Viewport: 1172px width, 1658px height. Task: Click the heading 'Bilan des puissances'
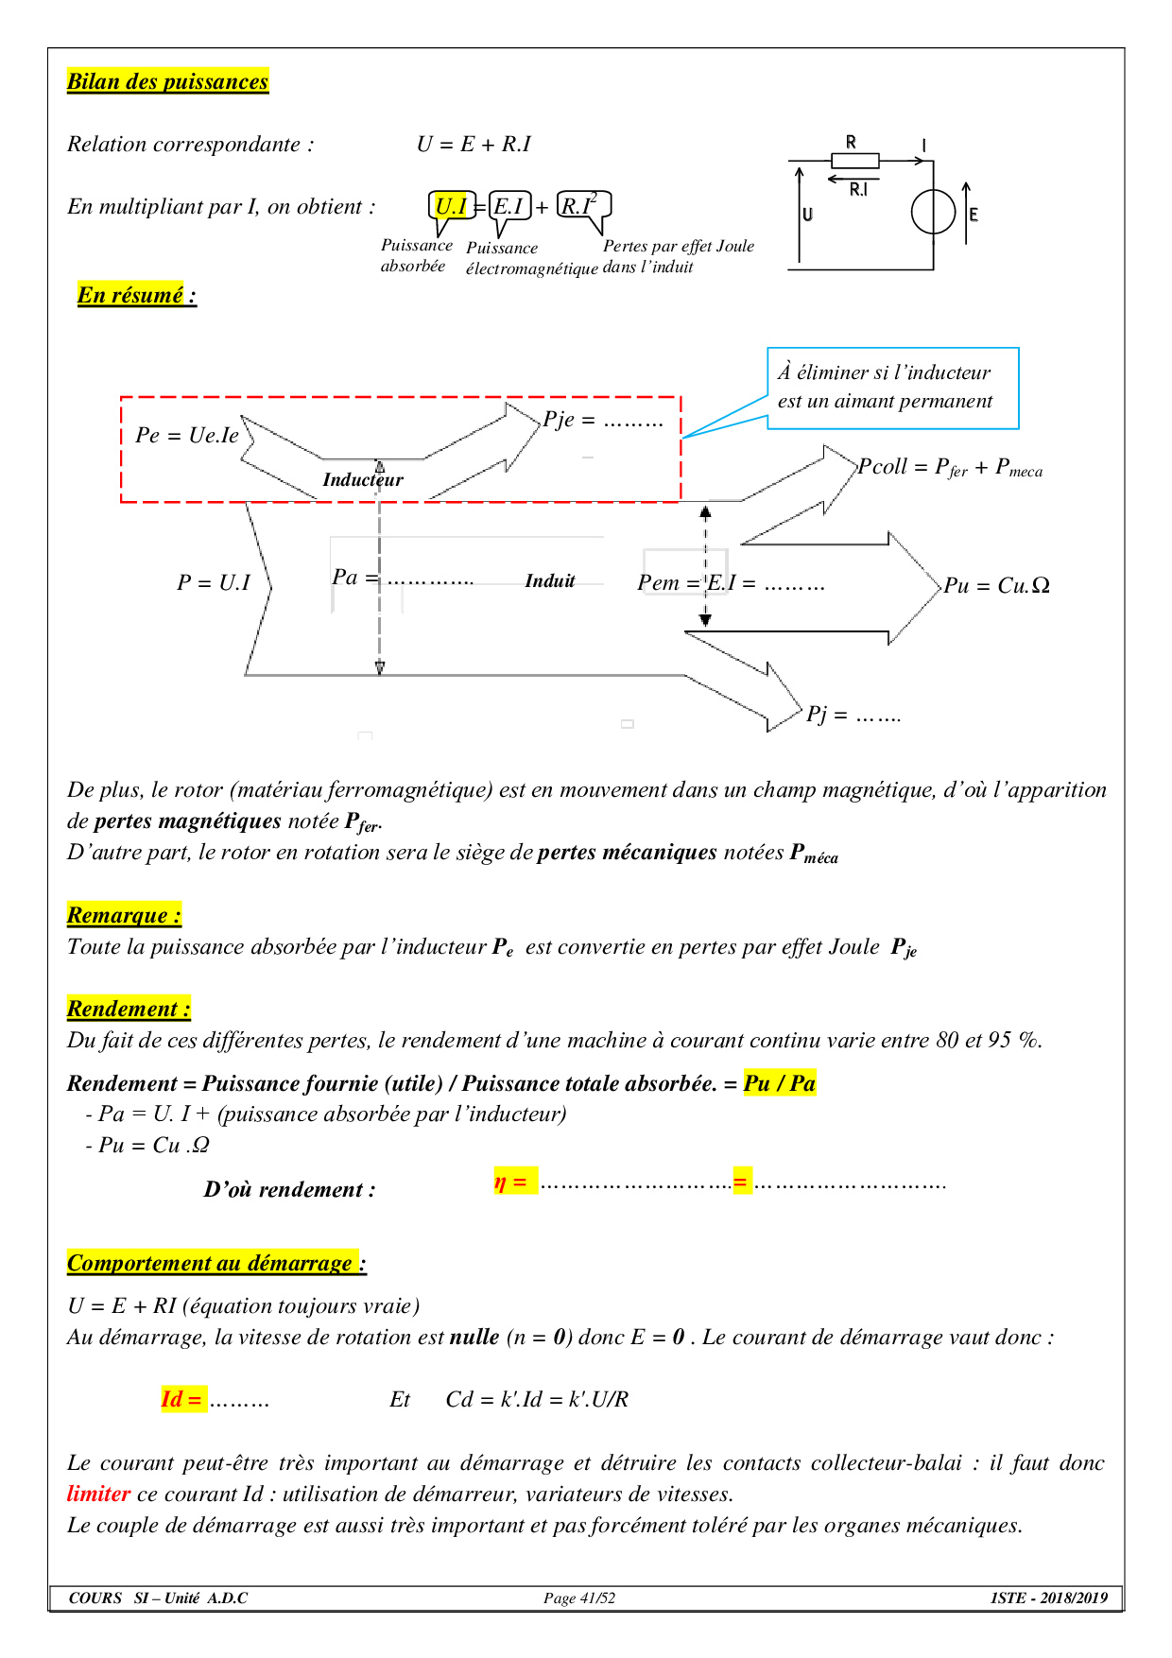[167, 81]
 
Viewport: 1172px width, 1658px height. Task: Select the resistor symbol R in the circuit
[854, 161]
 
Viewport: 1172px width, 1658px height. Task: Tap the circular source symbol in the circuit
[933, 213]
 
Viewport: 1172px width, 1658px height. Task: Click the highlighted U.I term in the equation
[451, 206]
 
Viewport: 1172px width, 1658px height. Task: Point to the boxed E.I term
[509, 206]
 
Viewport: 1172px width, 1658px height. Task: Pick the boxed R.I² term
[578, 204]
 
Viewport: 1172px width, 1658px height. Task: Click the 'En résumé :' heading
[137, 295]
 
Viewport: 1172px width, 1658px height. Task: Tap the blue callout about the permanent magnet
[892, 388]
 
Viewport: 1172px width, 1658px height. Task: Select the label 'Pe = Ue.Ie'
[187, 435]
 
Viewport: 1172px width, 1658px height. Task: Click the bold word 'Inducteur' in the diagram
[363, 480]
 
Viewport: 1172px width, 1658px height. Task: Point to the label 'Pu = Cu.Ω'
[996, 586]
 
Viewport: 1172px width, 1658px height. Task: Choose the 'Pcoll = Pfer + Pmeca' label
[950, 467]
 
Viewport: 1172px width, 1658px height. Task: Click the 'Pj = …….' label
[853, 715]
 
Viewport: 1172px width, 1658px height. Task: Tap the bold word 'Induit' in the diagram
[550, 581]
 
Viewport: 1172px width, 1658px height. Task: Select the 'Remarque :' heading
[124, 915]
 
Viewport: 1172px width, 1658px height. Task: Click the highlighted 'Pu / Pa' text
[780, 1083]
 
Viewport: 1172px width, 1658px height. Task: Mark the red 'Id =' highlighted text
[181, 1399]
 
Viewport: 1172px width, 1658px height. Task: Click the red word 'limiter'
[98, 1494]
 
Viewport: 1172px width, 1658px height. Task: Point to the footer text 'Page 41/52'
[579, 1598]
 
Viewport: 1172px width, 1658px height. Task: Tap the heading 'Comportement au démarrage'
[211, 1263]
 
